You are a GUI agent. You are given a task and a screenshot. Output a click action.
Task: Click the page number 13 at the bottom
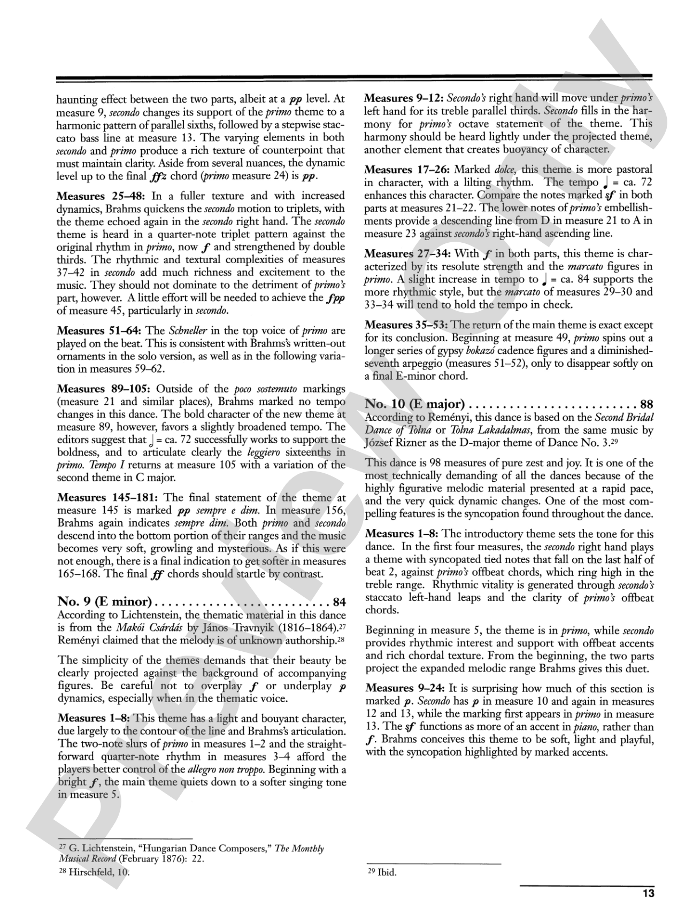click(648, 894)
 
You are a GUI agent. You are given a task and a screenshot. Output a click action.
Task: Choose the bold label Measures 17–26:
click(406, 170)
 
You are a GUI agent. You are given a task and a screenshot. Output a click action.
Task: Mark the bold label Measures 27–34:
click(406, 253)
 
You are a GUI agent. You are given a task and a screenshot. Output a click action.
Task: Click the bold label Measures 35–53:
click(406, 325)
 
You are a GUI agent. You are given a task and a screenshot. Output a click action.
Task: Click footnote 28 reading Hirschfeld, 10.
click(94, 872)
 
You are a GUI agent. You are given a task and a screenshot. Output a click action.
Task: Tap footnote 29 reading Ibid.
click(382, 872)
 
